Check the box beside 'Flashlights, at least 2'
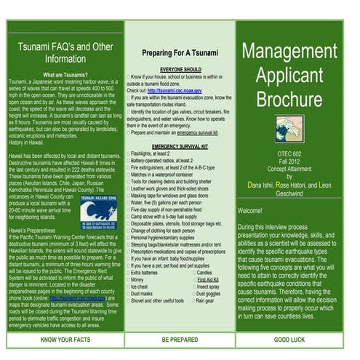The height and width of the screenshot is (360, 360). (x=128, y=153)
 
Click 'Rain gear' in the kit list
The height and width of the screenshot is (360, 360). (x=209, y=299)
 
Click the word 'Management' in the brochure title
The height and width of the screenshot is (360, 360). (x=296, y=51)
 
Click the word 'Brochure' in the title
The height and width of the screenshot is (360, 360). (x=296, y=98)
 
